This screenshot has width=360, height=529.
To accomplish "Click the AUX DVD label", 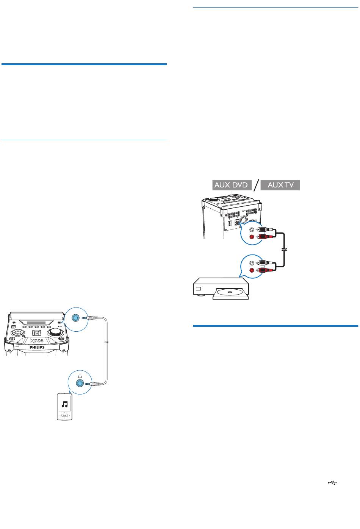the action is click(x=232, y=185).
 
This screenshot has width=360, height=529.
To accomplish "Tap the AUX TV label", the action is click(x=280, y=185).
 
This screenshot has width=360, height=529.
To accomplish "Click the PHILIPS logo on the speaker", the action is click(x=37, y=347).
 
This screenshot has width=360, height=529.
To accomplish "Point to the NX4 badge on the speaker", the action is click(x=36, y=341).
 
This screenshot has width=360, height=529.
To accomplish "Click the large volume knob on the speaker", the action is click(x=55, y=332).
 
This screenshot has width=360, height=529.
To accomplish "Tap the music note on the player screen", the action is click(x=64, y=404).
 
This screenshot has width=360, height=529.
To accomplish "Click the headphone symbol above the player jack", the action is click(x=80, y=377).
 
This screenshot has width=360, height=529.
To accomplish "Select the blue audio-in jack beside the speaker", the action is click(x=75, y=318).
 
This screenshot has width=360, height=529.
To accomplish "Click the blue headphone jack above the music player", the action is click(x=80, y=383).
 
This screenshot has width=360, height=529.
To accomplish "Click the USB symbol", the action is click(x=332, y=483).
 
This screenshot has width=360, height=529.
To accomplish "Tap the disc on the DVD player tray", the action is click(x=229, y=292).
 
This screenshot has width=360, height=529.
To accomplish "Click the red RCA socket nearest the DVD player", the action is click(x=252, y=270).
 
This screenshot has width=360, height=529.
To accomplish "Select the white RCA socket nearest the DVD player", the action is click(x=252, y=263).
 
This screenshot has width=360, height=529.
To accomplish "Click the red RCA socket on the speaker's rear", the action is click(x=252, y=237).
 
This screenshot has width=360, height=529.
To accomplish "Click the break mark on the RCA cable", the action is click(x=284, y=250).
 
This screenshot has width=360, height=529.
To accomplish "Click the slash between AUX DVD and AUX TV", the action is click(x=256, y=185).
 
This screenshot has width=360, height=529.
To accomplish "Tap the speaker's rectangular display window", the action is click(x=36, y=323).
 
